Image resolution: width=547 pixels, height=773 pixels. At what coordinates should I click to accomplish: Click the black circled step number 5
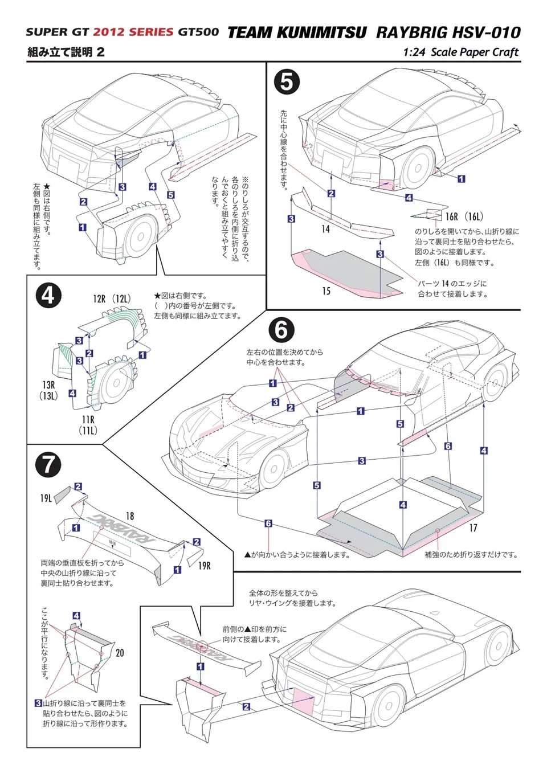click(x=287, y=82)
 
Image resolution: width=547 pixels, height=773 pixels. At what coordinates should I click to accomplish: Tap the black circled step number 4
click(x=48, y=296)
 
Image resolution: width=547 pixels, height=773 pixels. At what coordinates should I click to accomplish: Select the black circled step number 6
click(x=281, y=330)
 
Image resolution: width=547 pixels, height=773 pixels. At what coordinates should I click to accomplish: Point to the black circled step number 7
click(x=48, y=464)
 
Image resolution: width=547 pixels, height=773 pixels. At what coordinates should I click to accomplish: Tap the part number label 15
click(x=326, y=291)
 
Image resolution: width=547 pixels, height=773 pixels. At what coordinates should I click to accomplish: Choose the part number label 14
click(x=325, y=229)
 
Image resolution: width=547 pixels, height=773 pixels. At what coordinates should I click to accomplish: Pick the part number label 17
click(x=473, y=528)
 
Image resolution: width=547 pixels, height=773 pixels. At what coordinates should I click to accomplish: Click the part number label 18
click(x=130, y=516)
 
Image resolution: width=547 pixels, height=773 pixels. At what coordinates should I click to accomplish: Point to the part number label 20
click(x=120, y=653)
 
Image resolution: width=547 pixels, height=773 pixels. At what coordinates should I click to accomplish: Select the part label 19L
click(x=46, y=498)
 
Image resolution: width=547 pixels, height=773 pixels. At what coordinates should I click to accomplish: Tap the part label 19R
click(x=204, y=566)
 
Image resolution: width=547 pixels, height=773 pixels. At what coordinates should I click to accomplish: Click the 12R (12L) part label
click(x=112, y=299)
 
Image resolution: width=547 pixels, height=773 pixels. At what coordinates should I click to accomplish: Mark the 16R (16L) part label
click(x=464, y=216)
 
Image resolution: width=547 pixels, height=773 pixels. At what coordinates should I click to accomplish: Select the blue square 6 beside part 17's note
click(x=268, y=523)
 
